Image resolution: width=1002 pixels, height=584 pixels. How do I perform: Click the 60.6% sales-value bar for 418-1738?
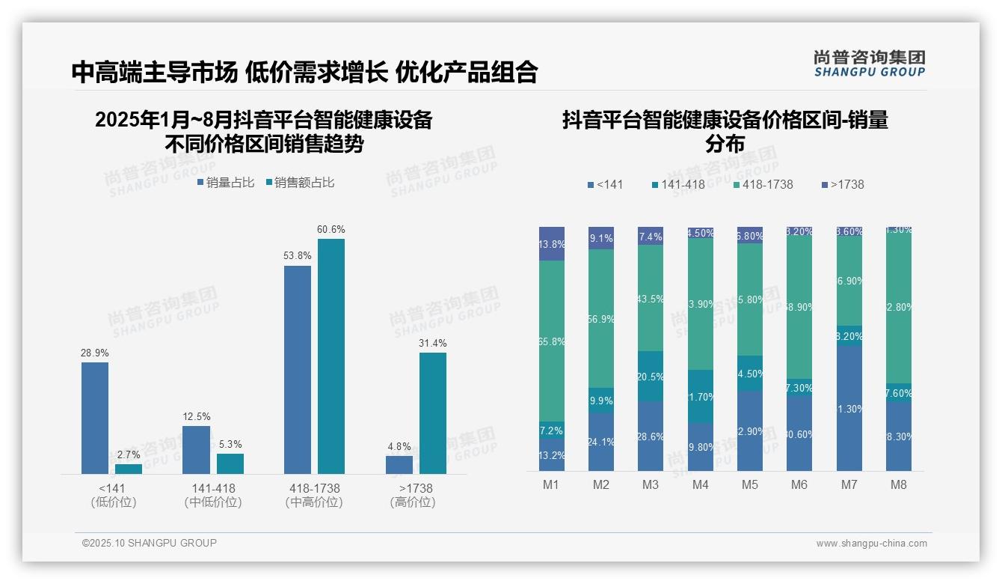[331, 356]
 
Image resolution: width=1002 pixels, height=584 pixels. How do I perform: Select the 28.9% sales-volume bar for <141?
[95, 418]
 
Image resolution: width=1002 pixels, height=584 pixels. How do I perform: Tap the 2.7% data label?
[129, 454]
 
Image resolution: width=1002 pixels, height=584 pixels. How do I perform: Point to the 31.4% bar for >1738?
[433, 413]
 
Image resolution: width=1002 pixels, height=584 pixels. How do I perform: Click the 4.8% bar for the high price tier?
[399, 464]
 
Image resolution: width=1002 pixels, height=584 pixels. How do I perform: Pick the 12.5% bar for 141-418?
[196, 449]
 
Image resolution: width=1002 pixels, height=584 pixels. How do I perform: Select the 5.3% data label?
[230, 444]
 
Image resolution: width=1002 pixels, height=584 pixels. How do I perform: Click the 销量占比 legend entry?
[226, 182]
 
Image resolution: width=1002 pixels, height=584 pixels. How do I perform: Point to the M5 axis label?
[750, 484]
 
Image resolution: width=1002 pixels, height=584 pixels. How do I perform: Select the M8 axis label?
[899, 484]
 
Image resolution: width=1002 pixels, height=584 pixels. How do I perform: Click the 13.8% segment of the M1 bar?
[552, 244]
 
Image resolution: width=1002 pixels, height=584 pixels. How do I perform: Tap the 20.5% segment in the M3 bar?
[651, 376]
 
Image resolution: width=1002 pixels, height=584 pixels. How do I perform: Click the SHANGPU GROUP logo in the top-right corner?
[870, 63]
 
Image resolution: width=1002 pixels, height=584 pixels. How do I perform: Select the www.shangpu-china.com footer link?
[871, 544]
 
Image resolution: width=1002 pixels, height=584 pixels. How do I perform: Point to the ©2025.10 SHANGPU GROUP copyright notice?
[150, 543]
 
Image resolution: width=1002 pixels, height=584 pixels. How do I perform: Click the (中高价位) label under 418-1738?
[314, 502]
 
